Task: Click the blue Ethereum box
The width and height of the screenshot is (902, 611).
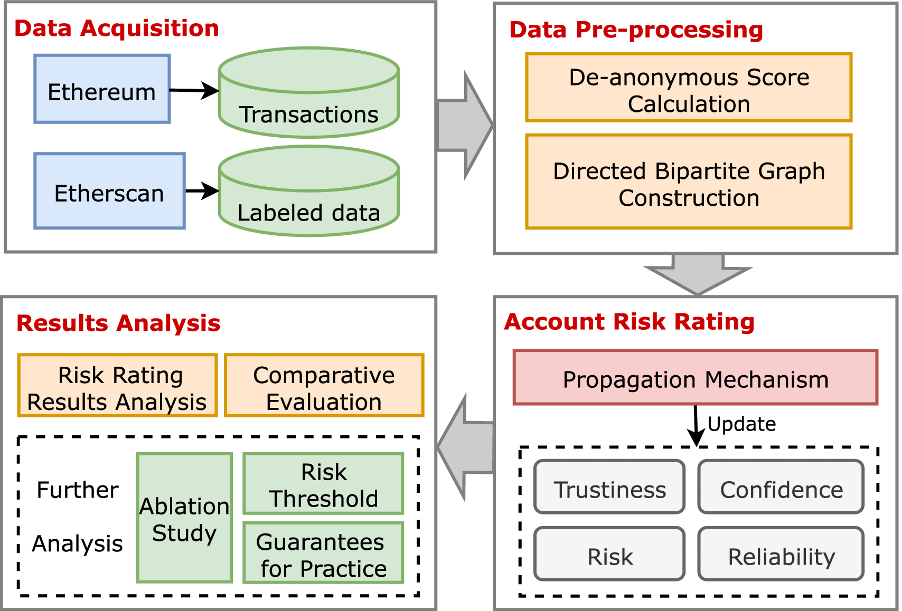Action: (102, 89)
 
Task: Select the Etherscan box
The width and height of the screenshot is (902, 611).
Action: (109, 191)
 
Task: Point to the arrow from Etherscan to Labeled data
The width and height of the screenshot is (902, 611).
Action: (202, 190)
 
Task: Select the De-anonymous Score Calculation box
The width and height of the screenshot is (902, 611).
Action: (689, 88)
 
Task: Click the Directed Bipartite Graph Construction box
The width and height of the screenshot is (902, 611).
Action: (689, 182)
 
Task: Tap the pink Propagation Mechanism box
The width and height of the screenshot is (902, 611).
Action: (695, 378)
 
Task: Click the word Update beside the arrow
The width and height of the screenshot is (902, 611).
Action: (741, 424)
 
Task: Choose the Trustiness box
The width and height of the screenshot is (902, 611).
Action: (609, 487)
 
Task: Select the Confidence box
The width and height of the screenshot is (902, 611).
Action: (781, 487)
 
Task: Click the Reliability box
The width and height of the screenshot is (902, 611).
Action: (781, 554)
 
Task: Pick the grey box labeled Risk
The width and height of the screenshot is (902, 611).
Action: (609, 554)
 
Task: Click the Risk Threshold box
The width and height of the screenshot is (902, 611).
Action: (323, 484)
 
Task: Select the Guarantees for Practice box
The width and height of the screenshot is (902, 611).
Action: (323, 553)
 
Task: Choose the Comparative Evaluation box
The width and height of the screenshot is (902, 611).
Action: (324, 386)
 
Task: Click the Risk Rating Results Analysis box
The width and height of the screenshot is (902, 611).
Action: (117, 386)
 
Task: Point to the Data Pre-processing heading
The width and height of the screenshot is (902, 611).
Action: (636, 30)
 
